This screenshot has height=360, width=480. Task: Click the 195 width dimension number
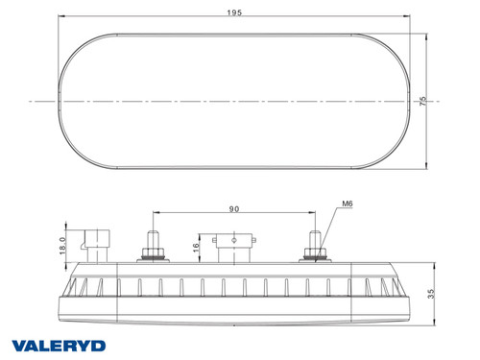point(234,12)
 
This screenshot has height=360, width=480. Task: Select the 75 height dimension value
point(421,99)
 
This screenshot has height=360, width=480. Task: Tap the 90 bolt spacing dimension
point(234,209)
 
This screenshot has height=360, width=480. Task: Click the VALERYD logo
point(60,344)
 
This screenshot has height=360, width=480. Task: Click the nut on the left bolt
point(153,255)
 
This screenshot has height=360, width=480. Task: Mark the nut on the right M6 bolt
point(313,255)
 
